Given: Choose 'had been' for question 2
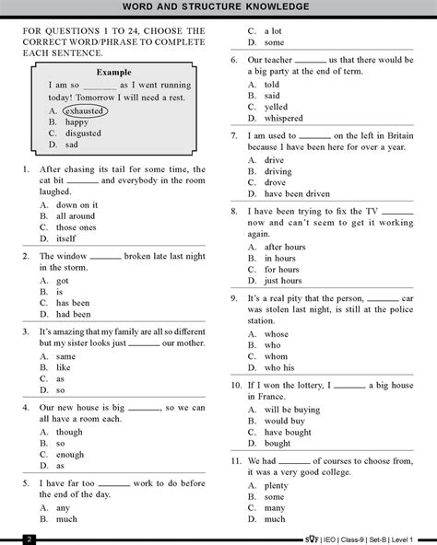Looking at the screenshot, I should point(73,314).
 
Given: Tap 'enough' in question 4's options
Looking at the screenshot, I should point(70,455).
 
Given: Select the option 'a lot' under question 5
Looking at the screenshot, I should point(275,30).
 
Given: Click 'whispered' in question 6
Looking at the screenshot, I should point(283,118).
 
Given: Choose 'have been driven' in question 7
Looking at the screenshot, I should point(297,194).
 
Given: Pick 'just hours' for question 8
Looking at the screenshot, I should point(283,281).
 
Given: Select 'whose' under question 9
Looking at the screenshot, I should point(277,333).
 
